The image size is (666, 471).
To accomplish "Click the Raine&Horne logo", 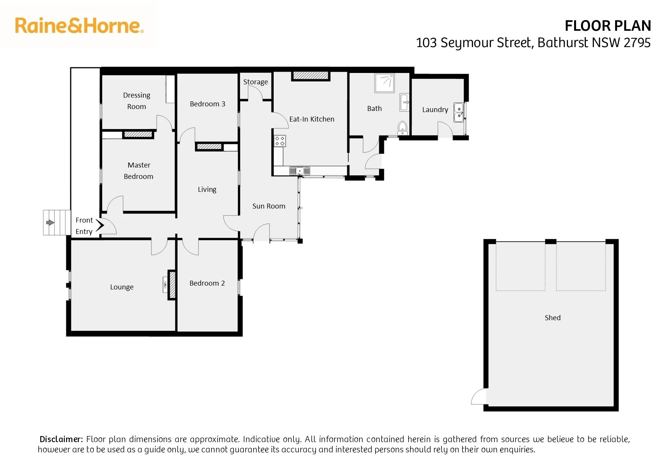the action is tap(79, 26).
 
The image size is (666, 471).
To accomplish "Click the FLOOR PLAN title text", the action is tap(608, 26).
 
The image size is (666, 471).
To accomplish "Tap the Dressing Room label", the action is tap(137, 101).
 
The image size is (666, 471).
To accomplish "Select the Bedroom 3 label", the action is tap(207, 104).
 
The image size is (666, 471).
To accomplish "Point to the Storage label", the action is tap(256, 82).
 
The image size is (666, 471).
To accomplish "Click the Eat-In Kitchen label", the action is tap(312, 119).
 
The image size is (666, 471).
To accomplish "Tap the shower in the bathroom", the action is tap(385, 83).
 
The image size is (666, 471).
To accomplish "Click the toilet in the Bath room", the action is tap(402, 128).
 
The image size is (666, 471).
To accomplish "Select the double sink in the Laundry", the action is tap(459, 112).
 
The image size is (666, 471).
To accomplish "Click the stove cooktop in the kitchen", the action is tap(280, 141).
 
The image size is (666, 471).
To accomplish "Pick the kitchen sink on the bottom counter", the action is tap(300, 171).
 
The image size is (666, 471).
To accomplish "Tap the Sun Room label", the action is tap(269, 206).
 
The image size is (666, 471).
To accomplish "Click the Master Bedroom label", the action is tap(139, 171).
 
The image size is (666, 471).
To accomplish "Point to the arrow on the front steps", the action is tap(50, 223).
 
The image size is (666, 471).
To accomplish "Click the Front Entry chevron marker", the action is tap(100, 225).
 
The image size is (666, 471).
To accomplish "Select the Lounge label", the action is tap(122, 287).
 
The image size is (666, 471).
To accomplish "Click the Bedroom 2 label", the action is tap(207, 283).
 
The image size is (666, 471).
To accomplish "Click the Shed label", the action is tap(552, 318).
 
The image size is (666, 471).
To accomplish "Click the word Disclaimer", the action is tap(61, 439).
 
